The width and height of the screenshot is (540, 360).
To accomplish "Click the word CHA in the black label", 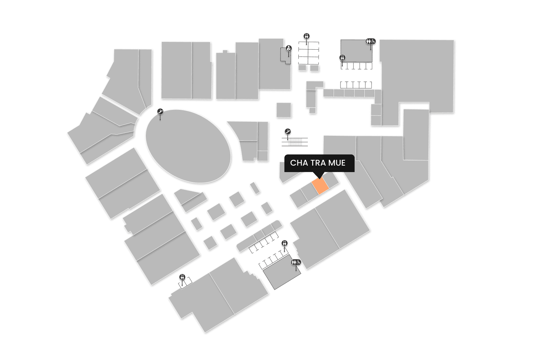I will pos(299,163).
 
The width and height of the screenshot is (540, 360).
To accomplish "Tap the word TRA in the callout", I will pos(318,163).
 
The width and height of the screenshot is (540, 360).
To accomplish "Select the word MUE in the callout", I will pos(337,163).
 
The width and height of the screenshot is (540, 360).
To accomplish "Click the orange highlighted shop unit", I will pos(320,186).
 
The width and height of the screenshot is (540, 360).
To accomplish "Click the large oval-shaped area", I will pos(188,146).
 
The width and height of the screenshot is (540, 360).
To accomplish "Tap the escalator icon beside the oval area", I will pos(160,112).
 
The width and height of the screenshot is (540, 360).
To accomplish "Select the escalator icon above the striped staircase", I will pos(288,132).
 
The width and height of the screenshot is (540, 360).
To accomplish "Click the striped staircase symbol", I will pos(295,142).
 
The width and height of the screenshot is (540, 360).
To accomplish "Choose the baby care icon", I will pos(289,48).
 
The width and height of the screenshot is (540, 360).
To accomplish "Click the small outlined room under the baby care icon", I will pos(285,57).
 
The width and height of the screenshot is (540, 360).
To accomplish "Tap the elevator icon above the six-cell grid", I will pos(307,36).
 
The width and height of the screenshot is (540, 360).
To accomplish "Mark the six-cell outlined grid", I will pos(309,53).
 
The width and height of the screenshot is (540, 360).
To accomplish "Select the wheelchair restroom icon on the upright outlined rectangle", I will pos(371,41).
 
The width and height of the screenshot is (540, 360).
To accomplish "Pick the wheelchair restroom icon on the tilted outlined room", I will pos(296,262).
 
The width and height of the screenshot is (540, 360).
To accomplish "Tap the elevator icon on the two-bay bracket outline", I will pos(183,277).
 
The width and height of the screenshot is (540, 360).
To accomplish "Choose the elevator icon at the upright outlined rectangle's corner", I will pos(342,58).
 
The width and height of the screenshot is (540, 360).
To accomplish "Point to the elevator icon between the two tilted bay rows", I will pos(285,243).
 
